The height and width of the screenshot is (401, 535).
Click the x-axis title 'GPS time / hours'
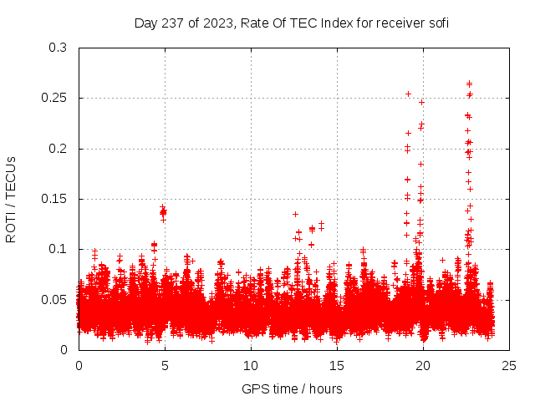292,388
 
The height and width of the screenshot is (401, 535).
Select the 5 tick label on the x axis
165,365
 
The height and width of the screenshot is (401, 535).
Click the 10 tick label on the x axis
251,365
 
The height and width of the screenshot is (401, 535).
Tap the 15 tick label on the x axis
337,365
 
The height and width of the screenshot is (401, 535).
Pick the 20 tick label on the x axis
423,365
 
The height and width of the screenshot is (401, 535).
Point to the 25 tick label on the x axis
509,365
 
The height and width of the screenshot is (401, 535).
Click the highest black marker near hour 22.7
469,83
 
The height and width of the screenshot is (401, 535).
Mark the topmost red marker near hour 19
408,94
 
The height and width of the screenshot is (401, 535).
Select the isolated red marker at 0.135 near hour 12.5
295,214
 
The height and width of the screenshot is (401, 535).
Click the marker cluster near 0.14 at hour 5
163,211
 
